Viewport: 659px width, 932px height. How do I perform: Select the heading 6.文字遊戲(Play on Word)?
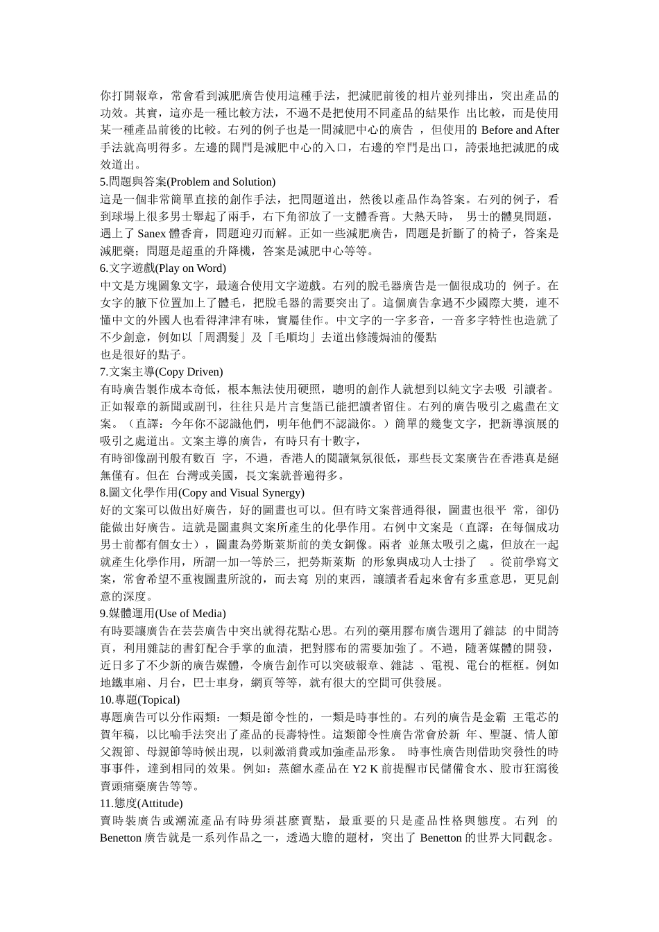[x=163, y=268]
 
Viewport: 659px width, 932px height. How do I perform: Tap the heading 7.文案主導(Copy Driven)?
[x=162, y=371]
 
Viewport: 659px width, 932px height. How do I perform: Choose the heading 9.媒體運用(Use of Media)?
[x=163, y=613]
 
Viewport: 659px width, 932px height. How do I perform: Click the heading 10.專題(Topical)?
[x=140, y=700]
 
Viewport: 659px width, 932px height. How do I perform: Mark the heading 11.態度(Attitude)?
[x=142, y=803]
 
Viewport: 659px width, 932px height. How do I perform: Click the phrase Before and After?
[x=520, y=130]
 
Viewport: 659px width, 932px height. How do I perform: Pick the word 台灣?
[x=187, y=475]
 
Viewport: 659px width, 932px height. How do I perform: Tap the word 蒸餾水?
[x=296, y=769]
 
